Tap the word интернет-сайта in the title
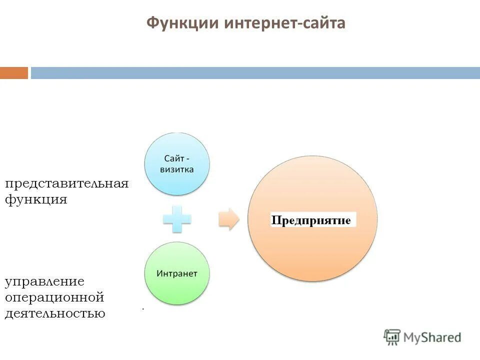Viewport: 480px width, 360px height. coord(284,23)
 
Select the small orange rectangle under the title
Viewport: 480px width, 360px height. coord(14,73)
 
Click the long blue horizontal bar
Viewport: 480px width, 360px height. coord(255,73)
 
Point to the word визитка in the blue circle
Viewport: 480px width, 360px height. coord(177,169)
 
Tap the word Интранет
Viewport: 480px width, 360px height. coord(177,274)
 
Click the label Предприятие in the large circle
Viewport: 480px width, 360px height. coord(313,220)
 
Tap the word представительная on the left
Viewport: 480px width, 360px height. coord(67,183)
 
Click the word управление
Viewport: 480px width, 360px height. coord(44,282)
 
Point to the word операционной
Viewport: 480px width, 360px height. coord(54,297)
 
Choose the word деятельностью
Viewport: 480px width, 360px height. coord(55,314)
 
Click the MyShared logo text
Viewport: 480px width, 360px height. coord(432,337)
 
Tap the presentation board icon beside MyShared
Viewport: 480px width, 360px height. coord(392,337)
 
